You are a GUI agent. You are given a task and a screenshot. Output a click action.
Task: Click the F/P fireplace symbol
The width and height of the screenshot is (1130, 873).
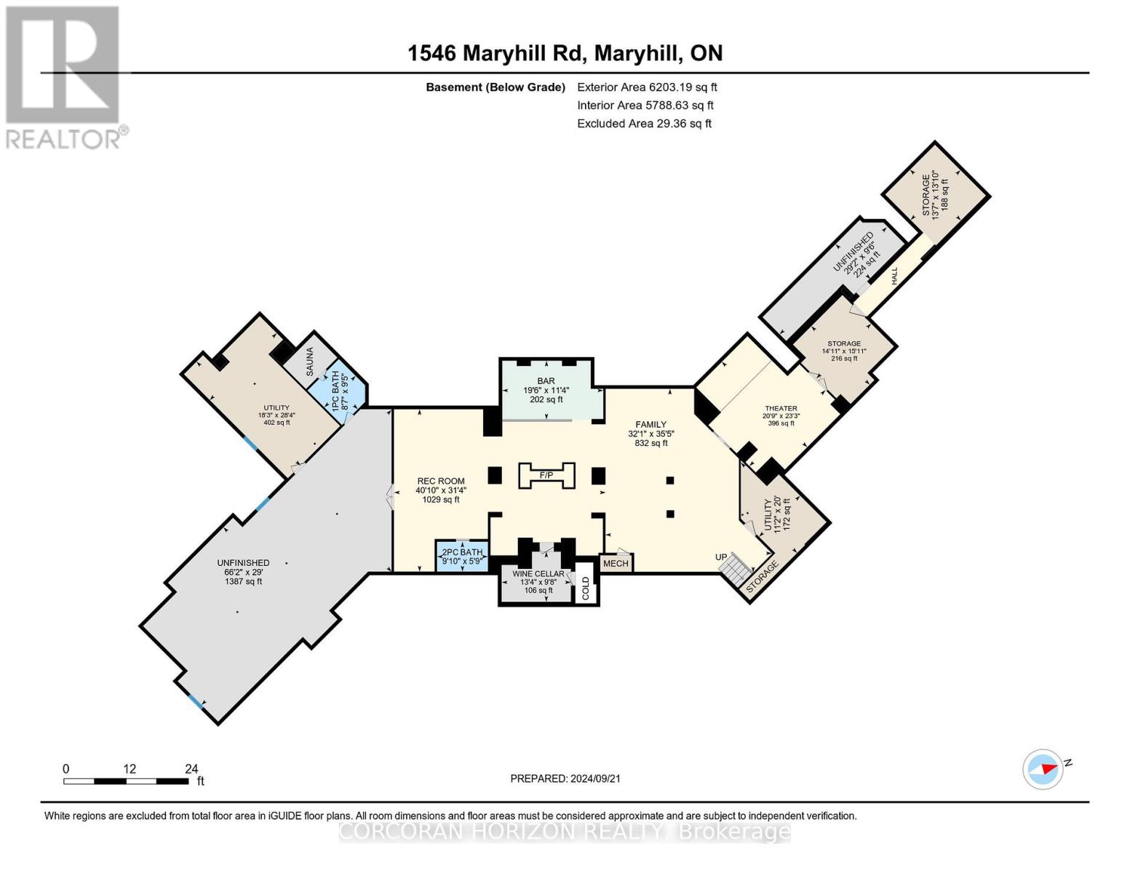click(546, 475)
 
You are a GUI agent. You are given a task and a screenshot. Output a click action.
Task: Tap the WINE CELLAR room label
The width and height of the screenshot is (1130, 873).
click(538, 574)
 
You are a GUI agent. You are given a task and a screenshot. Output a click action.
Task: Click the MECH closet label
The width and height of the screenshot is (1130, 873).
click(616, 563)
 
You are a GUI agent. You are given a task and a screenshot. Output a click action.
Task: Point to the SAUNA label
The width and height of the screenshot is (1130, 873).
click(310, 362)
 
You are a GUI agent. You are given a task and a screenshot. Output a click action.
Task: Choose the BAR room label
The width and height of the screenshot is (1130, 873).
click(546, 381)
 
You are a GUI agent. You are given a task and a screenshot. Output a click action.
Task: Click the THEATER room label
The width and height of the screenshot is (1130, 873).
click(781, 408)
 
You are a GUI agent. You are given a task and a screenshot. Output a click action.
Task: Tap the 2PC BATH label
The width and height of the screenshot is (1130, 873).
click(463, 553)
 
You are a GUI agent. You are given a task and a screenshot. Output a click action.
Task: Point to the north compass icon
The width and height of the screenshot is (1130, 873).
click(1043, 769)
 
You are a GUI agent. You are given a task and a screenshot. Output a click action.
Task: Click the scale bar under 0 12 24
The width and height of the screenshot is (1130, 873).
click(125, 781)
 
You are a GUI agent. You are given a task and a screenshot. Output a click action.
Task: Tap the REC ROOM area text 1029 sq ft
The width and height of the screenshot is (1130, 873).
click(441, 500)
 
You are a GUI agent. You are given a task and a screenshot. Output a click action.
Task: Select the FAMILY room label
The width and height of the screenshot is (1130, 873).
click(650, 425)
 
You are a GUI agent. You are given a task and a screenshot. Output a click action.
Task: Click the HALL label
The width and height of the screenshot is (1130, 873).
click(894, 276)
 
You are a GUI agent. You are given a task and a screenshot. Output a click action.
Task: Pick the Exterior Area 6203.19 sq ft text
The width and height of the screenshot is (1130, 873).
click(647, 87)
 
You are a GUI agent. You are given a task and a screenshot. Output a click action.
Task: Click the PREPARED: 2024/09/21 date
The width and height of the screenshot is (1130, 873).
click(565, 778)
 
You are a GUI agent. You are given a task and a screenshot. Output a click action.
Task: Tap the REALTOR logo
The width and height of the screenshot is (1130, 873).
click(64, 76)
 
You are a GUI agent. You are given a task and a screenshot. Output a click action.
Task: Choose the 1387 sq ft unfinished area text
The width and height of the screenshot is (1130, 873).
click(243, 581)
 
